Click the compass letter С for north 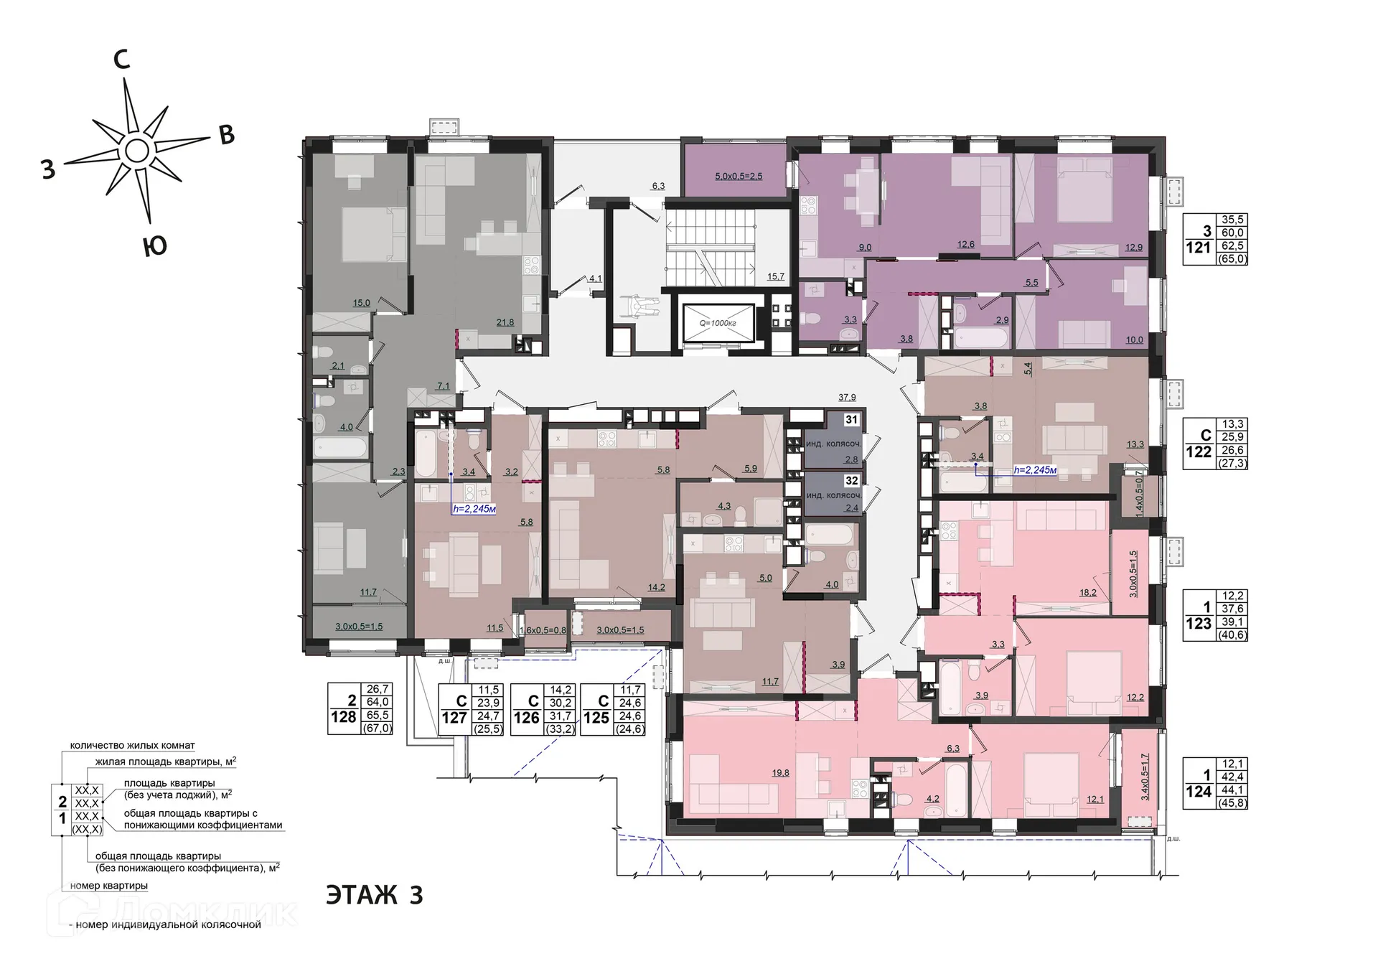pyautogui.click(x=122, y=60)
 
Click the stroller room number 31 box pyautogui.click(x=851, y=420)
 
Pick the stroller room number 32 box pyautogui.click(x=851, y=481)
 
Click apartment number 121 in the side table pyautogui.click(x=1198, y=248)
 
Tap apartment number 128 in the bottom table pyautogui.click(x=344, y=717)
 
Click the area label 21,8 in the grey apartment pyautogui.click(x=505, y=322)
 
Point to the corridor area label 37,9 pyautogui.click(x=847, y=397)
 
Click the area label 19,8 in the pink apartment pyautogui.click(x=781, y=773)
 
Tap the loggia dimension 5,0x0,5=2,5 pyautogui.click(x=739, y=176)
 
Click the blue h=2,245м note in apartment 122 pyautogui.click(x=1035, y=471)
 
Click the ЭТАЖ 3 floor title pyautogui.click(x=374, y=896)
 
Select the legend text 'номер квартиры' pyautogui.click(x=109, y=886)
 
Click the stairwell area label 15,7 pyautogui.click(x=776, y=276)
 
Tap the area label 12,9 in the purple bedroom pyautogui.click(x=1134, y=248)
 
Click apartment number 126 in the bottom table pyautogui.click(x=526, y=717)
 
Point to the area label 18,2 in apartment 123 pyautogui.click(x=1088, y=593)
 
